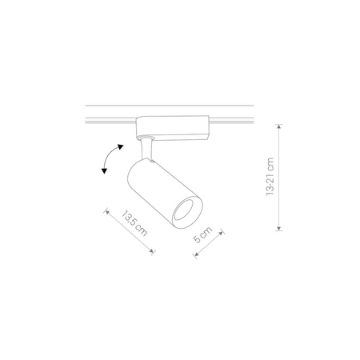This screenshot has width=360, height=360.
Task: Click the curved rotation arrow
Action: click(x=110, y=160)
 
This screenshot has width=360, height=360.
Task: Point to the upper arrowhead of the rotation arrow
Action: click(x=120, y=146)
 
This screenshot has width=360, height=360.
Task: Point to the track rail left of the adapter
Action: click(x=108, y=121)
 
